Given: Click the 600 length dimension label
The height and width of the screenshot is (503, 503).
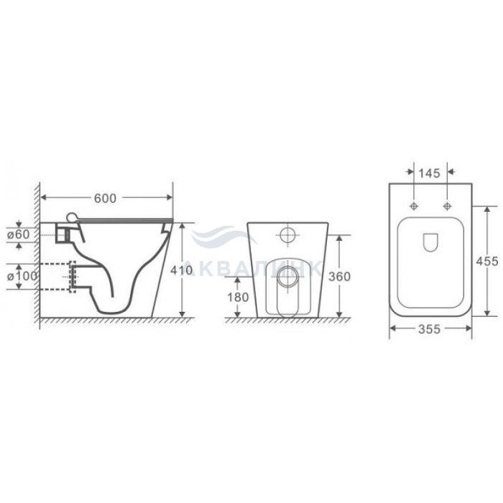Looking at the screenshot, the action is point(105,198).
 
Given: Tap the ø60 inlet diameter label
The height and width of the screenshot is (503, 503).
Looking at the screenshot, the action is point(18,234).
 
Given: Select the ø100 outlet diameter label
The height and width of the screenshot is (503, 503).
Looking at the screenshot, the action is point(22,276).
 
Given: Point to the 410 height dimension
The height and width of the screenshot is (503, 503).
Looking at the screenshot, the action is point(182,270).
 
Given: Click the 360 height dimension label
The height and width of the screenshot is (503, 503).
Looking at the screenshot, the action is point(339,277).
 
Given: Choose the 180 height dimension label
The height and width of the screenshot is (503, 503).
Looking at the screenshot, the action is point(238,297).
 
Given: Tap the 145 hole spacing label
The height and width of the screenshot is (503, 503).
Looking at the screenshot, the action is point(429,174).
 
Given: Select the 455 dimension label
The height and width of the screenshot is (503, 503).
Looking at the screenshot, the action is point(487,262).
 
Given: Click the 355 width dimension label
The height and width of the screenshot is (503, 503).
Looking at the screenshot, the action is point(429,329).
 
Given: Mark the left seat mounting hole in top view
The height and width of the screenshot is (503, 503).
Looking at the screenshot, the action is point(414,206).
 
